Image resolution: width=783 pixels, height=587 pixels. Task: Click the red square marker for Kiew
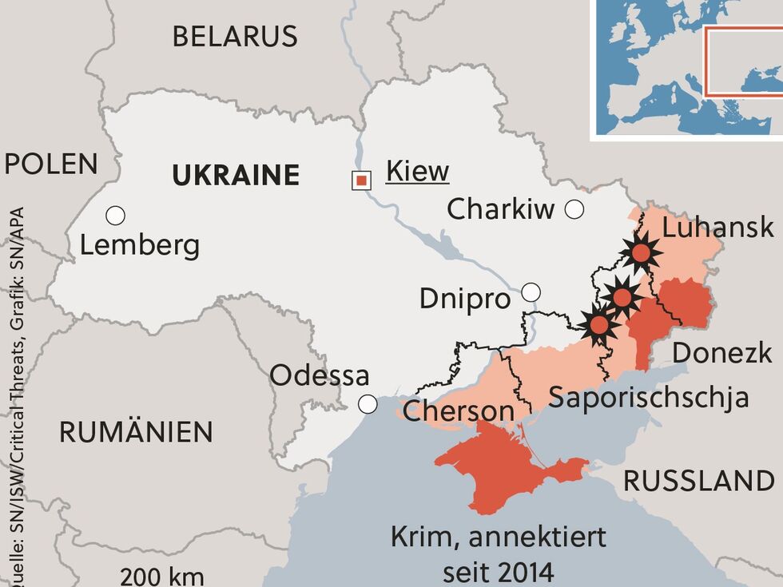[361, 180]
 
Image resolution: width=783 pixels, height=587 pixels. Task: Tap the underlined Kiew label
[417, 171]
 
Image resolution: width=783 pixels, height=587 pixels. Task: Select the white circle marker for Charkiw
[574, 210]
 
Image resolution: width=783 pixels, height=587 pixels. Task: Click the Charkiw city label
[500, 210]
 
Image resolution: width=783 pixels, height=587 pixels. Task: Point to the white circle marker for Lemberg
[115, 216]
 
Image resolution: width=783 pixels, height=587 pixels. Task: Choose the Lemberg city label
[140, 245]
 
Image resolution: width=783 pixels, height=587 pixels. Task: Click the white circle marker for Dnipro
[531, 292]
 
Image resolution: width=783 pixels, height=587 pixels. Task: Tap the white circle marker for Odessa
[368, 405]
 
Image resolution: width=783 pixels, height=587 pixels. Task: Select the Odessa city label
[320, 375]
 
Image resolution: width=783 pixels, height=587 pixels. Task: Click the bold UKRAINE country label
[236, 175]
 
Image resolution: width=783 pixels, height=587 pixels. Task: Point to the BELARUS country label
[235, 36]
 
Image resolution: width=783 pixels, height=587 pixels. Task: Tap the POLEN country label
[51, 165]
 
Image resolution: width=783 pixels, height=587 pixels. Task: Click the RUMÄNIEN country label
[137, 432]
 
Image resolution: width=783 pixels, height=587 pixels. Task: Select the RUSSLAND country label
[698, 481]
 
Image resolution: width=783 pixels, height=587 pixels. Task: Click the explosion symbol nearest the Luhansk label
[641, 254]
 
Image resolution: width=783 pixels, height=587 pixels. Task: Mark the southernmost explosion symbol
[599, 324]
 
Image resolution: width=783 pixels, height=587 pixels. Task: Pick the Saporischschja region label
[649, 397]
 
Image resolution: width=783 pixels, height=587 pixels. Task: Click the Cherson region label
[458, 411]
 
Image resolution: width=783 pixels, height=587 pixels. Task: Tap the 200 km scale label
[162, 577]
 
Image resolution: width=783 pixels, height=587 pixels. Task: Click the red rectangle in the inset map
[743, 60]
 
